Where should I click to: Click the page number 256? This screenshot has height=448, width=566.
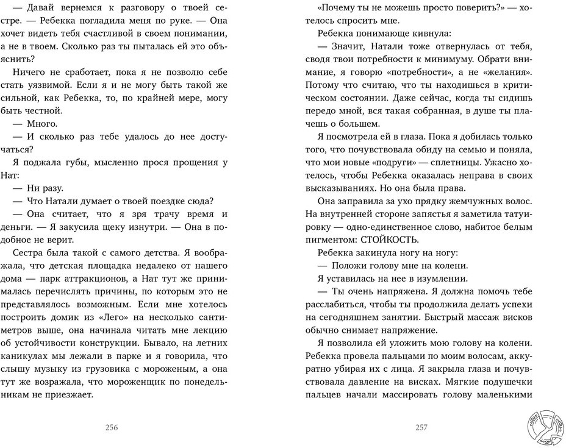pyautogui.click(x=112, y=427)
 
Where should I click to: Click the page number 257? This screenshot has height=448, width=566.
pyautogui.click(x=421, y=427)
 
